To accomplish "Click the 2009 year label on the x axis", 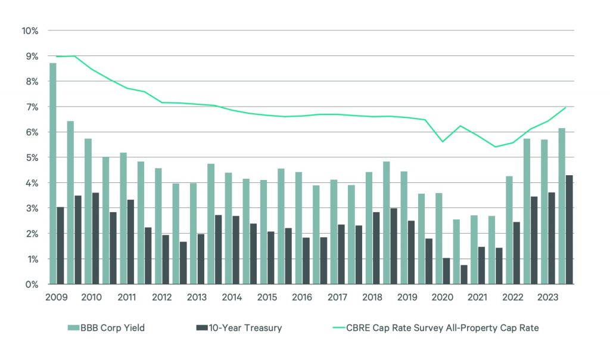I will tap(57, 297).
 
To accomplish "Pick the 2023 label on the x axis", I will tap(548, 297).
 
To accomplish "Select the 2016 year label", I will tap(302, 297).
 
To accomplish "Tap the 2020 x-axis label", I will tap(443, 297).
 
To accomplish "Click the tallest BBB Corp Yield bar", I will tap(53, 173).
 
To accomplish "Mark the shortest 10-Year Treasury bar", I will tap(464, 275).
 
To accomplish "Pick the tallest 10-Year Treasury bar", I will tap(569, 229).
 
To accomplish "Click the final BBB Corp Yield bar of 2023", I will tap(562, 206).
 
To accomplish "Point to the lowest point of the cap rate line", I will tap(495, 147).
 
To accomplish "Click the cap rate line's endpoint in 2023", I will tap(565, 107).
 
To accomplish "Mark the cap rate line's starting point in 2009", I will tap(57, 57).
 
